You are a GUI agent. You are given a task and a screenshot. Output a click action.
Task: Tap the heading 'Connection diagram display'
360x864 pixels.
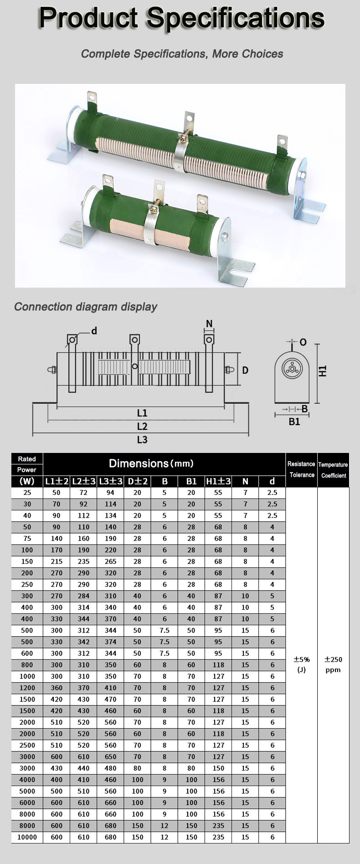86,307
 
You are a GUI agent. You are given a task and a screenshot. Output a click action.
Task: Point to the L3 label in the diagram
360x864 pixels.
142,440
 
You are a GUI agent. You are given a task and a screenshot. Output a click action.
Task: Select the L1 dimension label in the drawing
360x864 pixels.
142,413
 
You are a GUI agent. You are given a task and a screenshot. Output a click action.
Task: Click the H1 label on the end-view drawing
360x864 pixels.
323,371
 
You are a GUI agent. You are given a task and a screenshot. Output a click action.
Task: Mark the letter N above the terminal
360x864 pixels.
209,324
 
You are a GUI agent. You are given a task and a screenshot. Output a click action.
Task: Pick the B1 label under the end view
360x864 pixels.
294,422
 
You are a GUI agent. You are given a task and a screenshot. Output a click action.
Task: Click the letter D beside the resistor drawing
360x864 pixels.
245,370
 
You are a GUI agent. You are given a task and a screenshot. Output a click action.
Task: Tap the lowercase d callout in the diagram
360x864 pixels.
94,331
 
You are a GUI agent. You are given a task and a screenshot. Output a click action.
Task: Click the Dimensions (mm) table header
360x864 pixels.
151,464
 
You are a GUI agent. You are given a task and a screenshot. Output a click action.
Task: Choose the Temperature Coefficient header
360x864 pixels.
333,470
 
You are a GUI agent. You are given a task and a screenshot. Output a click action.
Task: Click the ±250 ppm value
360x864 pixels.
333,664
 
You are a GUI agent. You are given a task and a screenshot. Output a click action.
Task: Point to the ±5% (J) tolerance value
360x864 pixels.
301,664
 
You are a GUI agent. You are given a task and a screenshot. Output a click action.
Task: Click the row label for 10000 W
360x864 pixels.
27,837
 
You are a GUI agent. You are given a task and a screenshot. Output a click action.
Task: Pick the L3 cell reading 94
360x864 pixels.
110,493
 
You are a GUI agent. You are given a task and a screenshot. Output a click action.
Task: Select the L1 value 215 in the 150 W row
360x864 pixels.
57,561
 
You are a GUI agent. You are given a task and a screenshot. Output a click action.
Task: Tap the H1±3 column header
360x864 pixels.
218,481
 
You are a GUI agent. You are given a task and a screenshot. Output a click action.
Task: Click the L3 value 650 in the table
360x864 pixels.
110,756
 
